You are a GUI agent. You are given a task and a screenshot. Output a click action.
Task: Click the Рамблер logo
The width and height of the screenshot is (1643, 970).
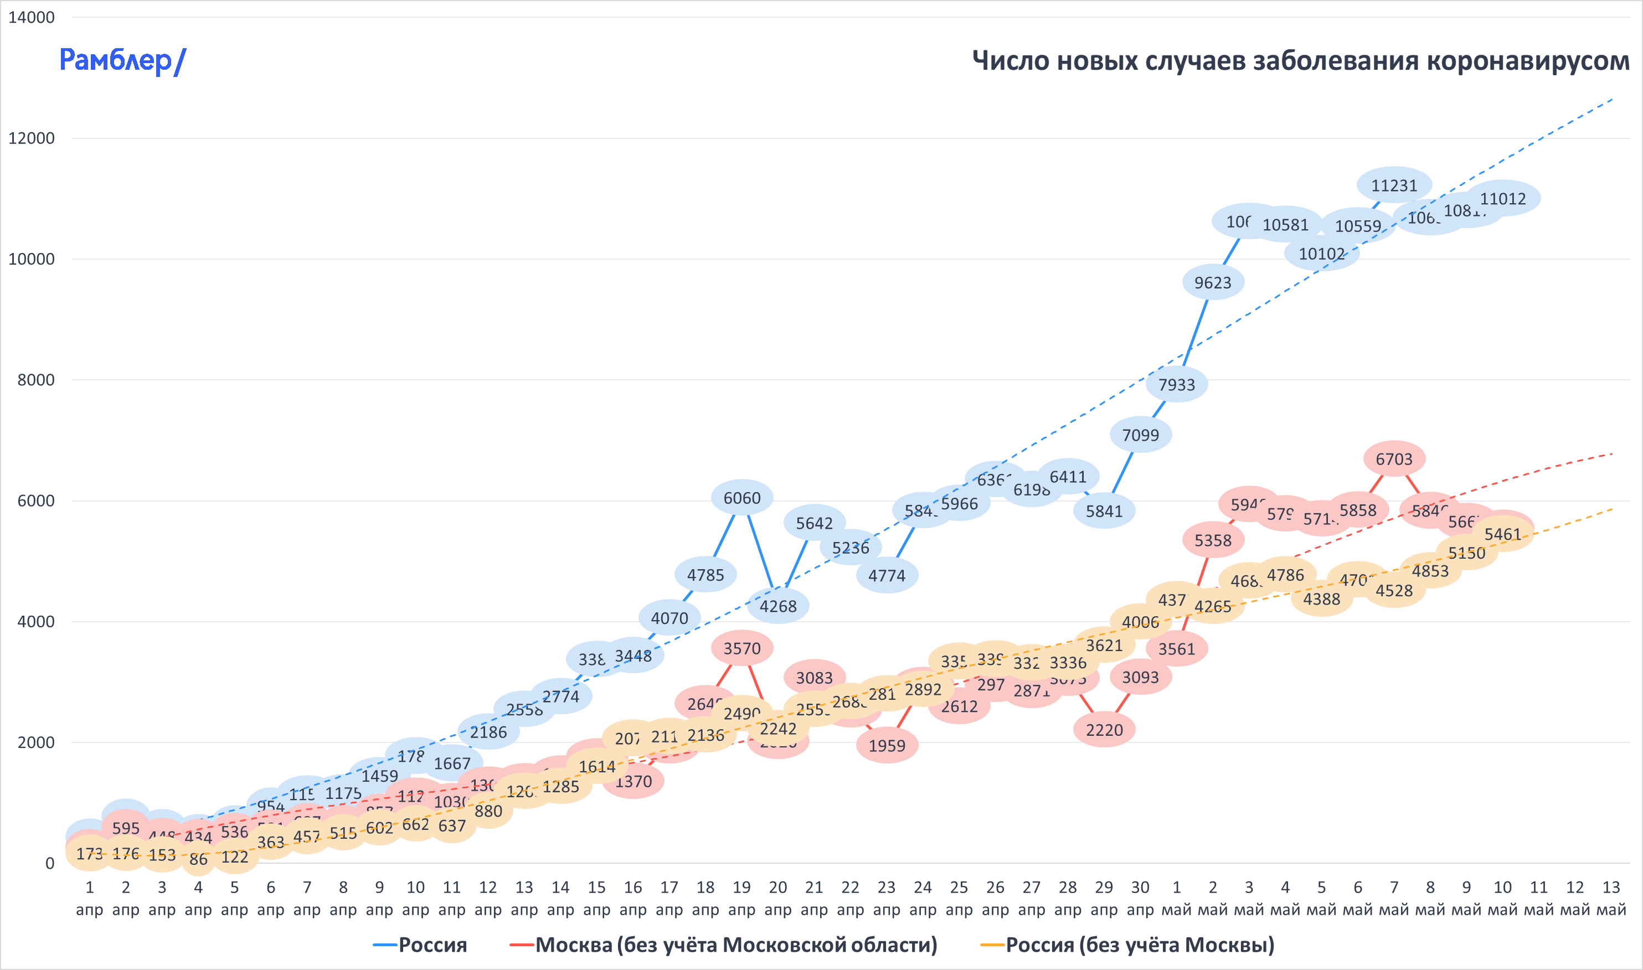pyautogui.click(x=122, y=61)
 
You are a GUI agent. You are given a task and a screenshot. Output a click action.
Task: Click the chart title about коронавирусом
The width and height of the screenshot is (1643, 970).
pyautogui.click(x=1300, y=61)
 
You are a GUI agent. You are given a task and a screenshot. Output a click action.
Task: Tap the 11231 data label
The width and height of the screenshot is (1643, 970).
pyautogui.click(x=1394, y=185)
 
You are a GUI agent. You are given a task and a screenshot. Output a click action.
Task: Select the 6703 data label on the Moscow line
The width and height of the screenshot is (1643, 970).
pyautogui.click(x=1394, y=459)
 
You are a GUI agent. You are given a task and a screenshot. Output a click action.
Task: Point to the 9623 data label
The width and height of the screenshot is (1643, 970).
pyautogui.click(x=1213, y=282)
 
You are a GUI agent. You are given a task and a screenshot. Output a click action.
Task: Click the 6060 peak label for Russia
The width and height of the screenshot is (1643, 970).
pyautogui.click(x=742, y=498)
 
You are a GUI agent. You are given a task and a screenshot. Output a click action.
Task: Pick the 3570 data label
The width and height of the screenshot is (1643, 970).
pyautogui.click(x=742, y=648)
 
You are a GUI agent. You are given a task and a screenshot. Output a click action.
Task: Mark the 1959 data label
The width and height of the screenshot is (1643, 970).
pyautogui.click(x=887, y=746)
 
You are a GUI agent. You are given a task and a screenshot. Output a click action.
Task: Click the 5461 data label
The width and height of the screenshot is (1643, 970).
pyautogui.click(x=1502, y=534)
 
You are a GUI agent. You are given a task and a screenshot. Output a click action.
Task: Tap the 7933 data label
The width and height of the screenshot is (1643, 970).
pyautogui.click(x=1177, y=384)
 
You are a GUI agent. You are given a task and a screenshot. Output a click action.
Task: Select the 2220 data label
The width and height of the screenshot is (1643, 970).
pyautogui.click(x=1104, y=730)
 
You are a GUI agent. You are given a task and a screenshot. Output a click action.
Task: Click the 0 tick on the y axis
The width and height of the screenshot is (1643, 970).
pyautogui.click(x=50, y=864)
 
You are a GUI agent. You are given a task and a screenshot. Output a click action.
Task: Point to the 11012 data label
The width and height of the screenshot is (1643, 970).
pyautogui.click(x=1502, y=199)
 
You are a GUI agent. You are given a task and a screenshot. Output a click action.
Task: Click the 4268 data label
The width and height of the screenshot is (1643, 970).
pyautogui.click(x=778, y=606)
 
